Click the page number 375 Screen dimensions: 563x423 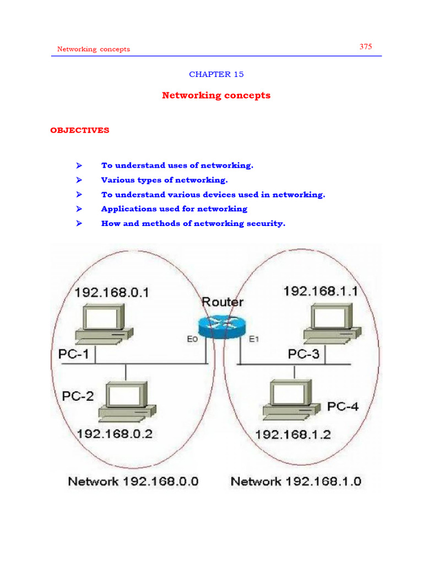pyautogui.click(x=366, y=47)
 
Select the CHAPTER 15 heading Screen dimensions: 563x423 pyautogui.click(x=216, y=74)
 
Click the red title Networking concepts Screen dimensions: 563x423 pyautogui.click(x=216, y=95)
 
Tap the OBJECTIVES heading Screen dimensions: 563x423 pyautogui.click(x=80, y=130)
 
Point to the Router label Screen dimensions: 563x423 pyautogui.click(x=223, y=302)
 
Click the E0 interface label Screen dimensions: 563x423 pyautogui.click(x=192, y=340)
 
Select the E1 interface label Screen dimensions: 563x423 pyautogui.click(x=253, y=340)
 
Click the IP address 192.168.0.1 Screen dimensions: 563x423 pyautogui.click(x=112, y=292)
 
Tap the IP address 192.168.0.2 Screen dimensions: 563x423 pyautogui.click(x=115, y=433)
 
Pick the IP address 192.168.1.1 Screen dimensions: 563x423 pyautogui.click(x=321, y=291)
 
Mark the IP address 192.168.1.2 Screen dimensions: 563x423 pyautogui.click(x=292, y=434)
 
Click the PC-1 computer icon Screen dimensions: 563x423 pyautogui.click(x=102, y=325)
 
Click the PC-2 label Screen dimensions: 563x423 pyautogui.click(x=78, y=396)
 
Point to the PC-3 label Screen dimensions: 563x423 pyautogui.click(x=303, y=354)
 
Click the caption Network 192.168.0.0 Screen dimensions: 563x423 pyautogui.click(x=133, y=482)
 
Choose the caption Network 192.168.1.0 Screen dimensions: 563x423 pyautogui.click(x=296, y=482)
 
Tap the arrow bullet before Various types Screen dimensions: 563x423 pyautogui.click(x=79, y=180)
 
